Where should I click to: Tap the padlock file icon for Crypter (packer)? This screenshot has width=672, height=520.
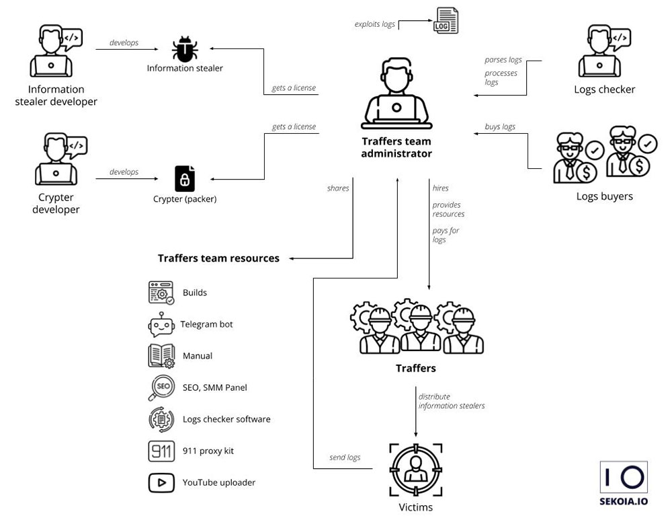[184, 179]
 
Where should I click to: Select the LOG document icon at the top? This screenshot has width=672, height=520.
[447, 21]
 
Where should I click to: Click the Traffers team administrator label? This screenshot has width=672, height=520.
[396, 147]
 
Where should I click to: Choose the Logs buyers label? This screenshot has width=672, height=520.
[604, 196]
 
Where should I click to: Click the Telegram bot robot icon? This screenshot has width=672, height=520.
[161, 324]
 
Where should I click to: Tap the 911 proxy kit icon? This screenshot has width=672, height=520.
[161, 451]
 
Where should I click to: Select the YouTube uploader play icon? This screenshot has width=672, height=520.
[161, 482]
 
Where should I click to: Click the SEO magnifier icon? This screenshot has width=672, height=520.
[161, 387]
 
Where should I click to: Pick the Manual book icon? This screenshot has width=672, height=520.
[161, 356]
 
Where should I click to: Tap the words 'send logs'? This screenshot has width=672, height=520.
[345, 457]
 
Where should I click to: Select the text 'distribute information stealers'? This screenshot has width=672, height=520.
[451, 401]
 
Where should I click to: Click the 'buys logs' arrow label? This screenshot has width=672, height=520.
[500, 126]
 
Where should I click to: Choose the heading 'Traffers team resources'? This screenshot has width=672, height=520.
[218, 258]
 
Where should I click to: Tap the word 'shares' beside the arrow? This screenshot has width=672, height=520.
[338, 188]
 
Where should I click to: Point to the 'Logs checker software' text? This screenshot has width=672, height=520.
[226, 419]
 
